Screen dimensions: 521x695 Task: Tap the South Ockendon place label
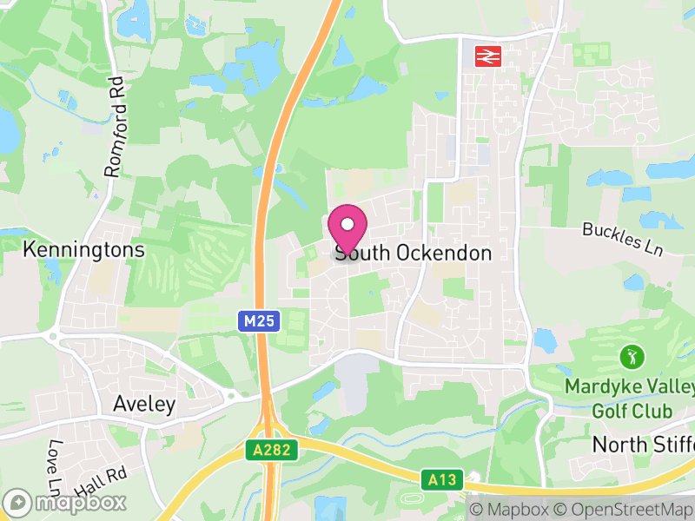[414, 254]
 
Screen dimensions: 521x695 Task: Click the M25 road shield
[259, 322]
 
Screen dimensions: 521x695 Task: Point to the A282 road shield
[272, 450]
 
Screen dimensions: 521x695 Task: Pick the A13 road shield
[441, 478]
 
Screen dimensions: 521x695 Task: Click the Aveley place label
[144, 405]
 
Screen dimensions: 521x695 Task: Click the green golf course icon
[632, 356]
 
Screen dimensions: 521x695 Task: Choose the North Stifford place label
[643, 445]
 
